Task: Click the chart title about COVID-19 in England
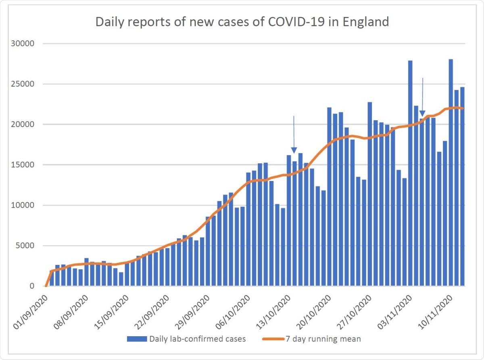tap(242, 21)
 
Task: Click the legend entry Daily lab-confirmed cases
tap(197, 339)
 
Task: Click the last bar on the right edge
tap(462, 185)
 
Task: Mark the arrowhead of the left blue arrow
tap(294, 150)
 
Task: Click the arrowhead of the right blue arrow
tap(422, 113)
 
